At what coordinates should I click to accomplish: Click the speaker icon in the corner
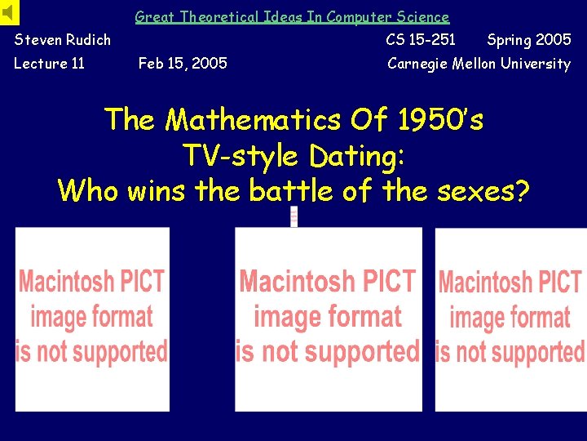(x=9, y=12)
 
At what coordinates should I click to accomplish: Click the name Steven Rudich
(x=63, y=39)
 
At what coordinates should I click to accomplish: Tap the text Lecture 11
(x=50, y=64)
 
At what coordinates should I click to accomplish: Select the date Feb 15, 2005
(x=183, y=64)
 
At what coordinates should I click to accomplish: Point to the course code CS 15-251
(x=421, y=39)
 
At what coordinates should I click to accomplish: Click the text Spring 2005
(x=528, y=39)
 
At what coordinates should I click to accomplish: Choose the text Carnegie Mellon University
(x=479, y=64)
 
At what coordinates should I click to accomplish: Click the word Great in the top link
(x=154, y=16)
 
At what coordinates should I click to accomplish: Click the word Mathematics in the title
(x=253, y=121)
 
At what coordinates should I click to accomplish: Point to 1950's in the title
(x=440, y=121)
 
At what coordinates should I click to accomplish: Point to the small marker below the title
(x=293, y=216)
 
